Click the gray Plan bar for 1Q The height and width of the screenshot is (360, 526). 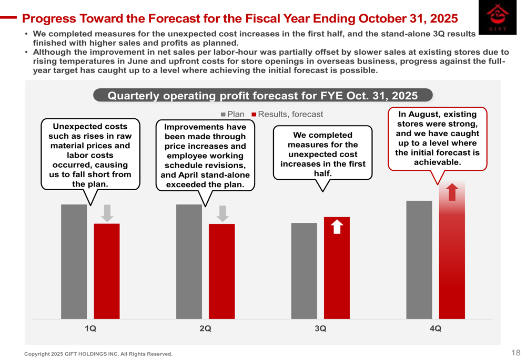(74, 261)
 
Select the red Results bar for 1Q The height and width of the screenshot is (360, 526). (107, 271)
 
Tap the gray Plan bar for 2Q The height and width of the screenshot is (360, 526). (189, 261)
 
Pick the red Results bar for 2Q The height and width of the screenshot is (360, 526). (222, 271)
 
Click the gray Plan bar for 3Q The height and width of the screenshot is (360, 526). (304, 271)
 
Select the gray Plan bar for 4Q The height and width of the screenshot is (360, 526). (419, 260)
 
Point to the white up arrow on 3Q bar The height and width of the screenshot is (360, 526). (337, 227)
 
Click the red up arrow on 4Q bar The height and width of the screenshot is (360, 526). (452, 192)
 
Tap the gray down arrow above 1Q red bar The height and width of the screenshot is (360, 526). (107, 213)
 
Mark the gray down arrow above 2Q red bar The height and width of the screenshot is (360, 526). (222, 213)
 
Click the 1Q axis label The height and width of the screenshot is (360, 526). (90, 329)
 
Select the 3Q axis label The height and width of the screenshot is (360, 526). (320, 329)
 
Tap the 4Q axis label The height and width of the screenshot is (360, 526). (436, 329)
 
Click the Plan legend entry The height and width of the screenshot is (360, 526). (233, 115)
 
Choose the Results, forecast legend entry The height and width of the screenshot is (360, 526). (287, 115)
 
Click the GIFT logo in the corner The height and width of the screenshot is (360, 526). (497, 18)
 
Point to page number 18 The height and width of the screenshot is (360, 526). (515, 353)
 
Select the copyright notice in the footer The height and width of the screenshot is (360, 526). (98, 354)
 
